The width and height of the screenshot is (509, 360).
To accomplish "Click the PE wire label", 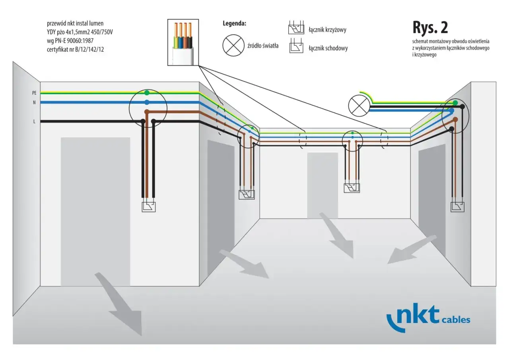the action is point(34,93).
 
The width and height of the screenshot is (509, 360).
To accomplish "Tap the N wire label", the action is point(34,103).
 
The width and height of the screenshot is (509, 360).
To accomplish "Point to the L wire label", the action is point(34,122).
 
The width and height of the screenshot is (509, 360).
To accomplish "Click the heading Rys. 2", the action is point(430,27).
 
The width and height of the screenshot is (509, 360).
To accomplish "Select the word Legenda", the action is point(234,23).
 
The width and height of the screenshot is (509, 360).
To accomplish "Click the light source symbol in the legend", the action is point(233,45).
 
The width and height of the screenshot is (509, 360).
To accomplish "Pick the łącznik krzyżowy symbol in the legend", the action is point(296,27).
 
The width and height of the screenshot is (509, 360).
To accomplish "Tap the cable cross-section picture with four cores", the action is point(183,43).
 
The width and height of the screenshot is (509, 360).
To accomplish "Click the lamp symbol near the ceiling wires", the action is point(359,106).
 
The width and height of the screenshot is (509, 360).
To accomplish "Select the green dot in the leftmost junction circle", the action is point(147,93).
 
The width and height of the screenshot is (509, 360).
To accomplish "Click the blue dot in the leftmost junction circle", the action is point(147,102).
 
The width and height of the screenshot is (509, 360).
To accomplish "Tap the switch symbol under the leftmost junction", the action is point(149,207).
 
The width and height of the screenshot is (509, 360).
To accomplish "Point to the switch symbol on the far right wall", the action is point(457,207).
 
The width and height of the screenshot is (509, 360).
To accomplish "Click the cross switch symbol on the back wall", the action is point(352,188).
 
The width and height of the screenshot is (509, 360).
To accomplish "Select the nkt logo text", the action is point(413,317).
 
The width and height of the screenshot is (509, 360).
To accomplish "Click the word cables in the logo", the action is point(456,320).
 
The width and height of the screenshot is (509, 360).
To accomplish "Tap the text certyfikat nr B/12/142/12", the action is point(76,50).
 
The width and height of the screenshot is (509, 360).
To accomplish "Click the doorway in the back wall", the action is point(322,185).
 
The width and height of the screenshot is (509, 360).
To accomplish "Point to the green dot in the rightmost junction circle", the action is point(455,103).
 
